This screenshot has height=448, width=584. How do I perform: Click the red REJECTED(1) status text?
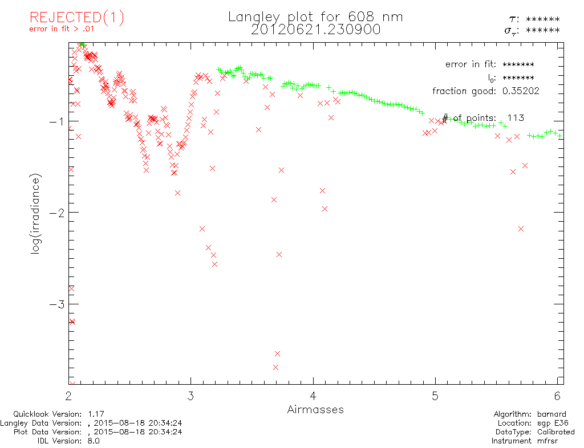click(76, 18)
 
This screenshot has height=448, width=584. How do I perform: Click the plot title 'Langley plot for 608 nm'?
click(315, 17)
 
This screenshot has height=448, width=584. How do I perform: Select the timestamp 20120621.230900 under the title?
click(315, 30)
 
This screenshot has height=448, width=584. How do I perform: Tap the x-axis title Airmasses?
click(315, 409)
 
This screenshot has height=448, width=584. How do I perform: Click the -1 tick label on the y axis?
click(57, 121)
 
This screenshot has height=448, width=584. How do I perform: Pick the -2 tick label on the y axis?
click(57, 212)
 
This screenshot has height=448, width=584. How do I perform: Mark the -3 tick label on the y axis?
click(57, 303)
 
